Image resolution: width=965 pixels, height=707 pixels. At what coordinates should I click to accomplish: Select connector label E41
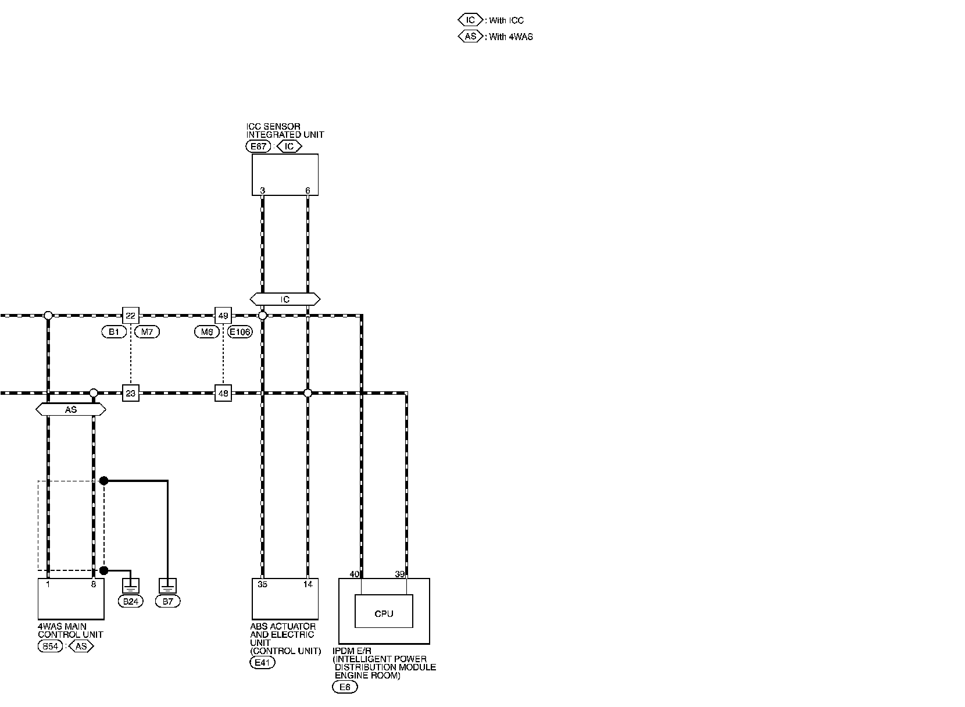pyautogui.click(x=262, y=662)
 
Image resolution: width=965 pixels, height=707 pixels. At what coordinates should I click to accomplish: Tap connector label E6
pyautogui.click(x=345, y=687)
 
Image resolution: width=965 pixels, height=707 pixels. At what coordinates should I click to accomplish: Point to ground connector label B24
pyautogui.click(x=131, y=601)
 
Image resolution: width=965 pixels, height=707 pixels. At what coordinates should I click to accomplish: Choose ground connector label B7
pyautogui.click(x=167, y=601)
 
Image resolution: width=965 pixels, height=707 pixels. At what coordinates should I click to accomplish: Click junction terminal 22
pyautogui.click(x=131, y=316)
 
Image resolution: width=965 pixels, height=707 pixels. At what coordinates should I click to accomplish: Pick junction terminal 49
pyautogui.click(x=223, y=316)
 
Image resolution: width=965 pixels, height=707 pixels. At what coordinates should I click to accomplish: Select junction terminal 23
pyautogui.click(x=131, y=394)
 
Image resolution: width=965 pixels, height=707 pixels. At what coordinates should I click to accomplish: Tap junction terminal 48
pyautogui.click(x=223, y=394)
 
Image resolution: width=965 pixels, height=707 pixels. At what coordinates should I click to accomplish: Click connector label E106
pyautogui.click(x=240, y=332)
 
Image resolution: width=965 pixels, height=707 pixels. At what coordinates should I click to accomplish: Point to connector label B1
pyautogui.click(x=114, y=332)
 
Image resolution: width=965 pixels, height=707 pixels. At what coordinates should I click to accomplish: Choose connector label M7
pyautogui.click(x=146, y=332)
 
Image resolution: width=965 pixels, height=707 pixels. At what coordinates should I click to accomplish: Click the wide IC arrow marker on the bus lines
pyautogui.click(x=285, y=299)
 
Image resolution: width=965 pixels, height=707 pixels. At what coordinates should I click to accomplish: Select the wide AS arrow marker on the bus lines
pyautogui.click(x=70, y=410)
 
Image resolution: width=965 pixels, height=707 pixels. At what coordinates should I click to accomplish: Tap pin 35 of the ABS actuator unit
pyautogui.click(x=262, y=584)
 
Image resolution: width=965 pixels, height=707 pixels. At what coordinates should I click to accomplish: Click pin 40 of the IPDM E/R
pyautogui.click(x=354, y=574)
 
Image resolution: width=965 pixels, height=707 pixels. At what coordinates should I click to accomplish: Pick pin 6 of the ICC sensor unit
pyautogui.click(x=308, y=191)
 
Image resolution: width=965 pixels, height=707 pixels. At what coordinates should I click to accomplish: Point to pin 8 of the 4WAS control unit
pyautogui.click(x=93, y=584)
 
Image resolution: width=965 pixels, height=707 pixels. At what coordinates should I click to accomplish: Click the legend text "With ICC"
pyautogui.click(x=506, y=20)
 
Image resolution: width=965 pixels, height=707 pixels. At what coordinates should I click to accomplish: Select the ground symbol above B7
pyautogui.click(x=167, y=585)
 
